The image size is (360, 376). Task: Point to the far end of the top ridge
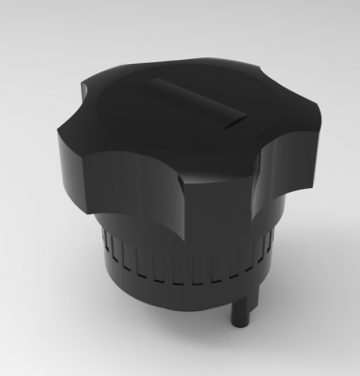coord(160,84)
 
